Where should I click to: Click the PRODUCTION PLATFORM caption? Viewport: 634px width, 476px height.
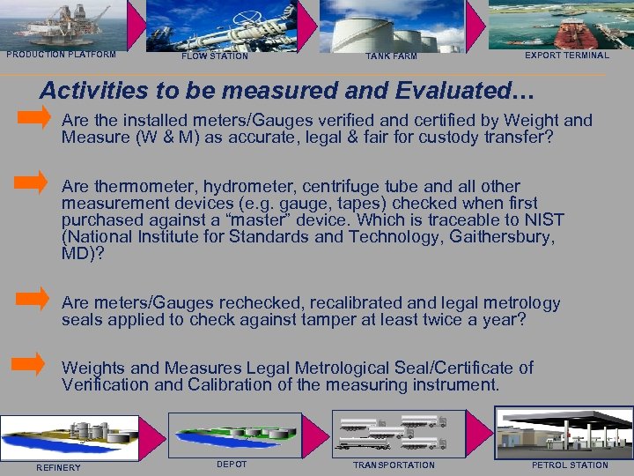coord(61,55)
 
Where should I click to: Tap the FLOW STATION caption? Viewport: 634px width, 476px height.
coord(214,56)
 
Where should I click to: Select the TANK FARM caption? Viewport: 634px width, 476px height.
coord(391,56)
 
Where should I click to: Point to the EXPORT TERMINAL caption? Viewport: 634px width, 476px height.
coord(566,56)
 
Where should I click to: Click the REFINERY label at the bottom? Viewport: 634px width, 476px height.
coord(58,467)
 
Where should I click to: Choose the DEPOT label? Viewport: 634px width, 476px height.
coord(232,465)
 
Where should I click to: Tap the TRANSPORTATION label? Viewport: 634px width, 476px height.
coord(394,465)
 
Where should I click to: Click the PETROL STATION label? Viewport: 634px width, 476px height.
coord(570,465)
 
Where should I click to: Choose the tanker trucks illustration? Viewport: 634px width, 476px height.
coord(393,432)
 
